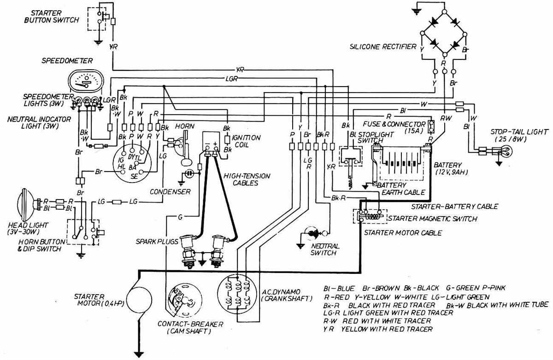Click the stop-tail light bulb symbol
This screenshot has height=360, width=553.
pos(502,150)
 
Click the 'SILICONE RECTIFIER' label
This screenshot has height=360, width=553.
pos(383,47)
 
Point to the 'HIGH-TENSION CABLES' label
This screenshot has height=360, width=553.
pos(246,179)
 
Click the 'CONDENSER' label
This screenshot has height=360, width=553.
pos(170,191)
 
